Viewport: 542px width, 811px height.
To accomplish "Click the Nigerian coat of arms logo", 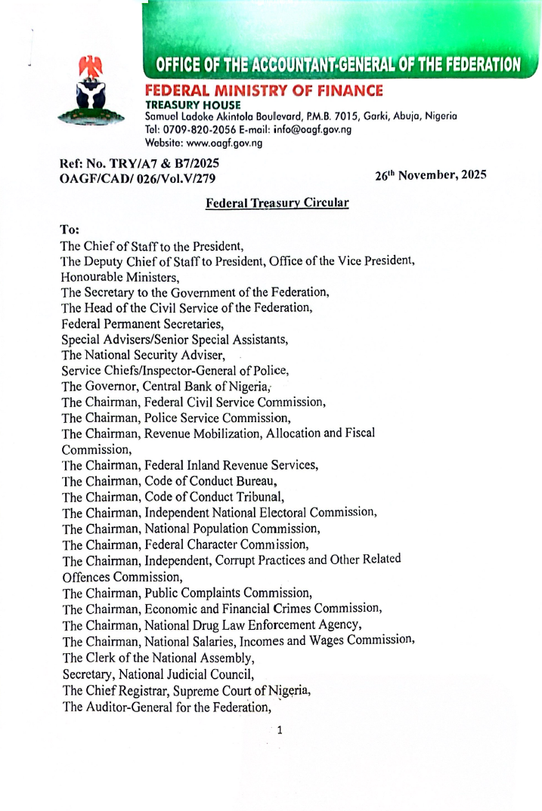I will coord(93,91).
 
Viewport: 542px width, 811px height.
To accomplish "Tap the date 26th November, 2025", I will coord(430,175).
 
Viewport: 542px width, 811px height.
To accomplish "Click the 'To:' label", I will coord(70,227).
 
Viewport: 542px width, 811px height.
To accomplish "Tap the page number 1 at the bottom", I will coord(280,729).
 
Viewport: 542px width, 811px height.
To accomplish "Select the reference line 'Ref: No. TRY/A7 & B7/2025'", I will coord(140,163).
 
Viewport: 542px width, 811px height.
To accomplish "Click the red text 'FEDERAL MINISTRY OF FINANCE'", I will coord(264,91).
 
